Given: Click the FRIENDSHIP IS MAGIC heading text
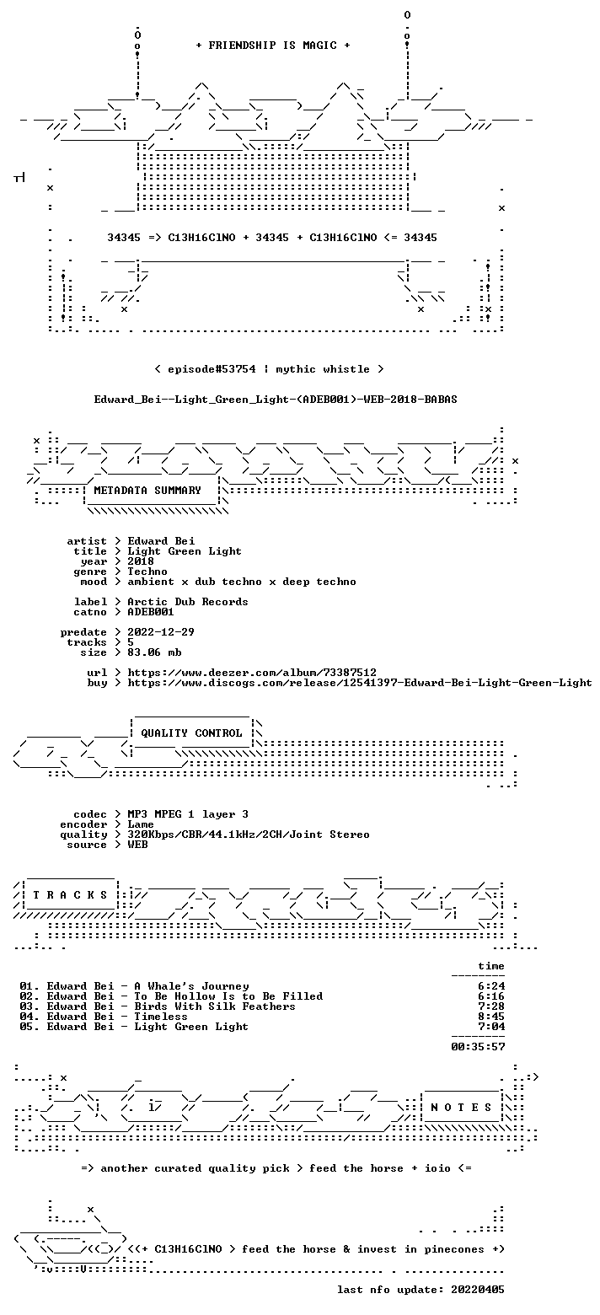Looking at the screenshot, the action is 273,46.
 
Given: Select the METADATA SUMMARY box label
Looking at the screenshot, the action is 147,491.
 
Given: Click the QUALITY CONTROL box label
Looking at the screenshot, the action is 191,733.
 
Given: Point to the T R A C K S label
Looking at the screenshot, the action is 71,894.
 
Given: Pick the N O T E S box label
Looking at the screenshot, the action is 461,1107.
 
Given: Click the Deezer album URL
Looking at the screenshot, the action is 253,673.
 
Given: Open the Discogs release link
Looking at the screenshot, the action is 360,683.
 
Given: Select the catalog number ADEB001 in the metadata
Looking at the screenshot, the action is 151,612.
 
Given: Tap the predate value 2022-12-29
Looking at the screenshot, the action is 161,632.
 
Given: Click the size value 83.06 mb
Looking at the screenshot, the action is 154,652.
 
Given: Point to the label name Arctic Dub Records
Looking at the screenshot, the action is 188,602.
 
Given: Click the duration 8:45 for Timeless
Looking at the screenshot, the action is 491,1017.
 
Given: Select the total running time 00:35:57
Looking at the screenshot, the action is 478,1047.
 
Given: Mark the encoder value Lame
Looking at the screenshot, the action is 141,824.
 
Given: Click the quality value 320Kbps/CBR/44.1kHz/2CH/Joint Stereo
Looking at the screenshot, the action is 249,835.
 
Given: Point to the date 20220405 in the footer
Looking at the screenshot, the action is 478,1290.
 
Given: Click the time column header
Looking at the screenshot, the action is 491,966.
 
